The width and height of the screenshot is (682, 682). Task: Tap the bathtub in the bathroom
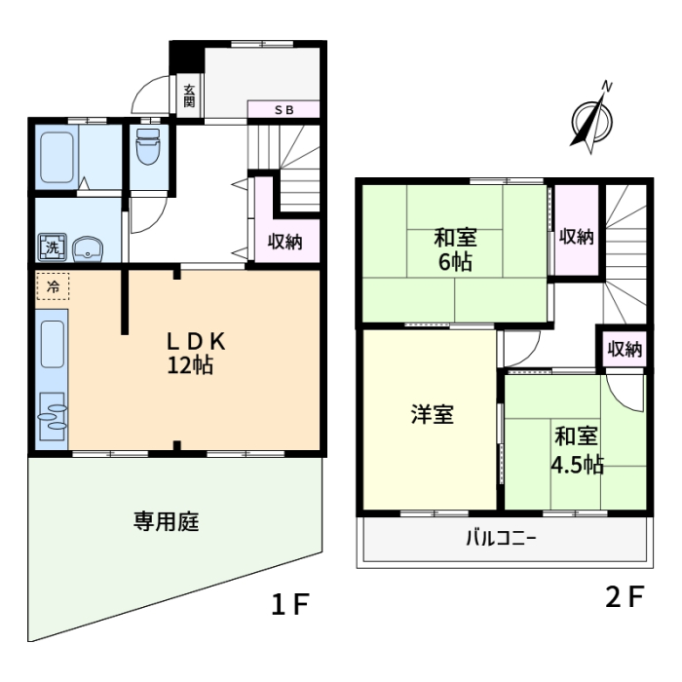[x=57, y=158]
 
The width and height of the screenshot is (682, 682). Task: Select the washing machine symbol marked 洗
[x=53, y=247]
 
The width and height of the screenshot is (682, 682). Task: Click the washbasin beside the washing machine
[x=88, y=249]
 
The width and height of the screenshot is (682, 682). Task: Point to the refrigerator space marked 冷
[x=53, y=286]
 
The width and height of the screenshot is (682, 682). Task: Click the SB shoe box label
[x=284, y=110]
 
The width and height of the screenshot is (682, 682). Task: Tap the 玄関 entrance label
[x=189, y=96]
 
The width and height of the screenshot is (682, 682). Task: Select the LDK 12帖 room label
[x=196, y=353]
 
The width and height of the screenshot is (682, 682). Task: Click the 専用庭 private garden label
[x=167, y=521]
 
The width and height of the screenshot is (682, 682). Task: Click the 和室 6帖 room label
[x=455, y=249]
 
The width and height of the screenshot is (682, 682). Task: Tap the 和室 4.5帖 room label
[x=577, y=450]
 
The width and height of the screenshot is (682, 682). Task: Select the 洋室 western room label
[x=433, y=414]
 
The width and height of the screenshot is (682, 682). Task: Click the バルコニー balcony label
[x=501, y=539]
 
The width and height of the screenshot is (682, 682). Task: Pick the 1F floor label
[x=290, y=604]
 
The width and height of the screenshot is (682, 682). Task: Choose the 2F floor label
[x=625, y=596]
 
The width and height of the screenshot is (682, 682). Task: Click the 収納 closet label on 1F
[x=284, y=242]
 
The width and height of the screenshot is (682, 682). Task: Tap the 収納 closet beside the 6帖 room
[x=577, y=237]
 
